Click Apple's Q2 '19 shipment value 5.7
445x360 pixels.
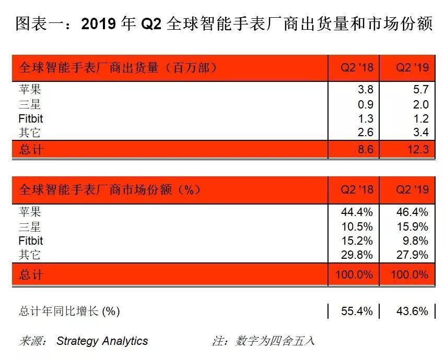[x=419, y=90]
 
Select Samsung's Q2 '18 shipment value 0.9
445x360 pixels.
[x=365, y=104]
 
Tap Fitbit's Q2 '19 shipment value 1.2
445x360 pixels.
[x=419, y=119]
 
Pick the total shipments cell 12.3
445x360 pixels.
[x=416, y=150]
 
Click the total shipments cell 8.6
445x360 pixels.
[x=365, y=150]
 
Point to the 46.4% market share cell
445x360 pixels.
[x=412, y=212]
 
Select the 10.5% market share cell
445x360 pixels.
[x=357, y=227]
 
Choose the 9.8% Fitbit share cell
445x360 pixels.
[x=415, y=241]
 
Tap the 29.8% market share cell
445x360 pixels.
[x=357, y=255]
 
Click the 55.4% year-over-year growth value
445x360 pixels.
[x=357, y=311]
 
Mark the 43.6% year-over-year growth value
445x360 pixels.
[x=412, y=311]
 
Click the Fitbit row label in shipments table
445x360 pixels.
[x=31, y=119]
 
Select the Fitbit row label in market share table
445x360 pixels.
[x=31, y=241]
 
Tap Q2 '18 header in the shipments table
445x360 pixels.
[x=357, y=68]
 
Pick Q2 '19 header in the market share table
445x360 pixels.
[x=412, y=189]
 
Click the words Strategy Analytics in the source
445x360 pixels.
[x=102, y=341]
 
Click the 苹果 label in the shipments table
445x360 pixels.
[x=30, y=90]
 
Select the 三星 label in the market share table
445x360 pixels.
[x=30, y=227]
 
